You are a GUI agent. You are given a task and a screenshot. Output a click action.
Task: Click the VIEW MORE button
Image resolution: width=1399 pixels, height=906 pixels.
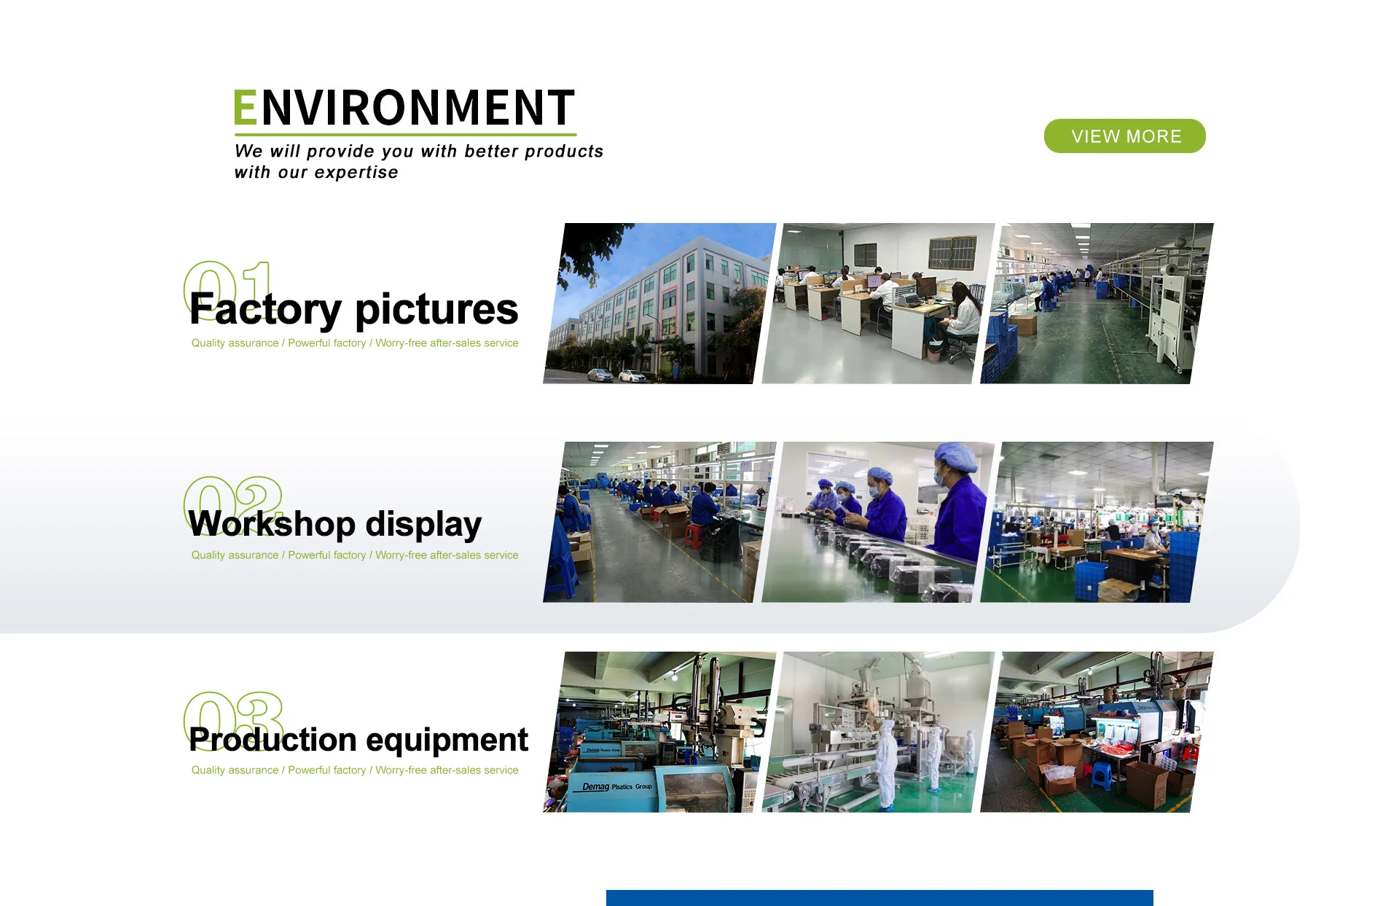pyautogui.click(x=1124, y=136)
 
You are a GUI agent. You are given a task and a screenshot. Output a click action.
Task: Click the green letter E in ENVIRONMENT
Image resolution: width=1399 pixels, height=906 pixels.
pyautogui.click(x=245, y=108)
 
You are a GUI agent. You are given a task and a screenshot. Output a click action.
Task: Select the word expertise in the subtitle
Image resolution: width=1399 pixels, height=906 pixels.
pyautogui.click(x=356, y=173)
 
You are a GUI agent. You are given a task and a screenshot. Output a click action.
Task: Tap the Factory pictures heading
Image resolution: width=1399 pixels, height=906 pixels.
pyautogui.click(x=353, y=308)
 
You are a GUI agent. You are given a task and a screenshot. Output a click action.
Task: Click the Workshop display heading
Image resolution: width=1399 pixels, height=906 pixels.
pyautogui.click(x=335, y=524)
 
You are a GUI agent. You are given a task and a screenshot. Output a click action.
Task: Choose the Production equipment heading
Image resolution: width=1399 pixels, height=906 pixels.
pyautogui.click(x=358, y=740)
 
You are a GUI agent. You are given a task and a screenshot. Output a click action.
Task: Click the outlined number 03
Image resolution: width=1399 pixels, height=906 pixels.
pyautogui.click(x=232, y=721)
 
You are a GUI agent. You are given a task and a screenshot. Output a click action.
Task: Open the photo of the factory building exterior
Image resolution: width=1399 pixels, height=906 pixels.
pyautogui.click(x=659, y=303)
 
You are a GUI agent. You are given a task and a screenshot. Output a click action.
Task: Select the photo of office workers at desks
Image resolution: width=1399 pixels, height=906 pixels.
pyautogui.click(x=878, y=303)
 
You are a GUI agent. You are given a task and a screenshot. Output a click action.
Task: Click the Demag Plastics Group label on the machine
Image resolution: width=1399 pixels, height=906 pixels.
pyautogui.click(x=617, y=786)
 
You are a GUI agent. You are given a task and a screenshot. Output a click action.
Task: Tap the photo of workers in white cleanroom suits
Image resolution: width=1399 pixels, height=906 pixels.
pyautogui.click(x=878, y=732)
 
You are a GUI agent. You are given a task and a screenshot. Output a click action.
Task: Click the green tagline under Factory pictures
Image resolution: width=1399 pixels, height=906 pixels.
pyautogui.click(x=355, y=343)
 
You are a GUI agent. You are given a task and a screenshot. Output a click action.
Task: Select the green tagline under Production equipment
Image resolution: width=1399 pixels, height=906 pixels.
pyautogui.click(x=355, y=770)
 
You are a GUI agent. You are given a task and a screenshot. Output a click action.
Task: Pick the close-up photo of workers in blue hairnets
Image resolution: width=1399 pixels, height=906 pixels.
pyautogui.click(x=878, y=522)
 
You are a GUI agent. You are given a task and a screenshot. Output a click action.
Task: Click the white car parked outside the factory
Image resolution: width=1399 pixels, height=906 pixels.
pyautogui.click(x=632, y=376)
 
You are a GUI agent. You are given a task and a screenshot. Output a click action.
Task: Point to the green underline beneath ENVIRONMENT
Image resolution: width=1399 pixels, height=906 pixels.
pyautogui.click(x=405, y=135)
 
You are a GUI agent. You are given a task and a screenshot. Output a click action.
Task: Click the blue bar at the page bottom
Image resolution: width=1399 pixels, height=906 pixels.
pyautogui.click(x=879, y=898)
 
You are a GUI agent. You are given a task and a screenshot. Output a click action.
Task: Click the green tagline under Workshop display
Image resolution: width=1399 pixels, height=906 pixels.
pyautogui.click(x=355, y=555)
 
